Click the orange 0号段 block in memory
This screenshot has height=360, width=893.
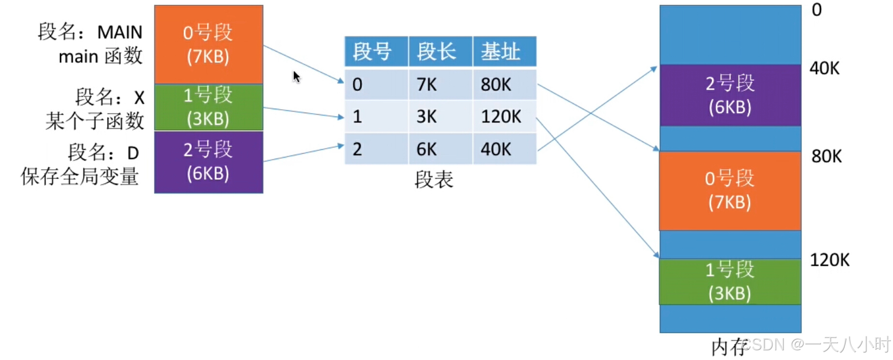pyautogui.click(x=730, y=190)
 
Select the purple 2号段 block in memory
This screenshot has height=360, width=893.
pyautogui.click(x=730, y=95)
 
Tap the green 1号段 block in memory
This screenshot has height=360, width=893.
pyautogui.click(x=730, y=281)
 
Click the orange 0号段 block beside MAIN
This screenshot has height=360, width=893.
pyautogui.click(x=208, y=44)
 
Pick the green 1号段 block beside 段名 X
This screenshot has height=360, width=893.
pyautogui.click(x=208, y=107)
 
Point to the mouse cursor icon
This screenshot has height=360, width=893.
pyautogui.click(x=296, y=77)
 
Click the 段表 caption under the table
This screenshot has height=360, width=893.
pyautogui.click(x=434, y=180)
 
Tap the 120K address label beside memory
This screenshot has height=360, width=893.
pyautogui.click(x=829, y=260)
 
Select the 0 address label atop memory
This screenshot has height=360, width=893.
pyautogui.click(x=817, y=10)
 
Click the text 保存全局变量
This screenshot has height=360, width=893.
pyautogui.click(x=80, y=176)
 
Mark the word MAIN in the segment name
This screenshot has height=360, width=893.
pyautogui.click(x=120, y=32)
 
